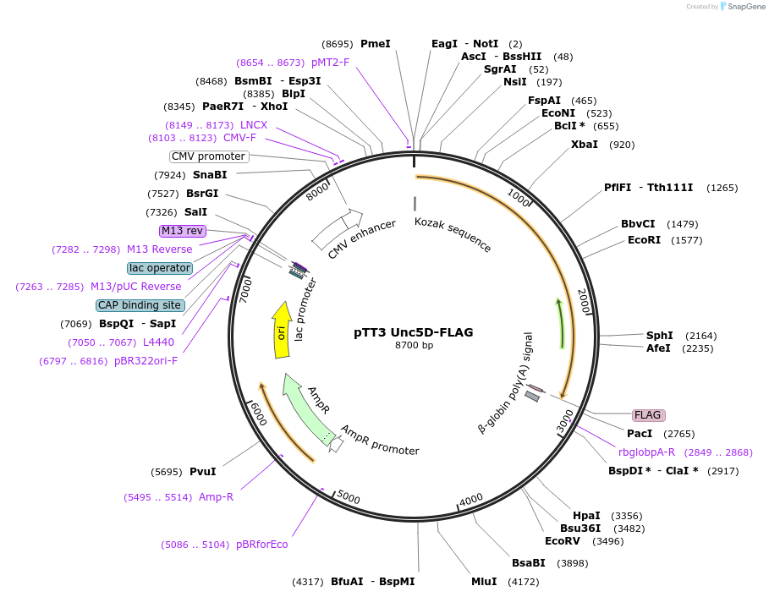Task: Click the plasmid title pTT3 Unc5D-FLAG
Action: pos(413,332)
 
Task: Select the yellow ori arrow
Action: pos(282,330)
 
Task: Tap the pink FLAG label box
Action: pos(648,415)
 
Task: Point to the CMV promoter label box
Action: pos(209,156)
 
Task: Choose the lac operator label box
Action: pos(159,268)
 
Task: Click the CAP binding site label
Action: pos(140,305)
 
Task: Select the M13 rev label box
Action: pos(182,231)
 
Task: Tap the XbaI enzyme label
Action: pos(584,145)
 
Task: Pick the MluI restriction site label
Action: pos(484,582)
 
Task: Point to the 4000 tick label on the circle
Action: pos(470,499)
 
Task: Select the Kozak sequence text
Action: pos(453,234)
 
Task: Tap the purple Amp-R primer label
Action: pos(216,497)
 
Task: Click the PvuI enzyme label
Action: pos(202,472)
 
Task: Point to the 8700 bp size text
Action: pos(414,345)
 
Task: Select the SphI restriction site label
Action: pos(659,336)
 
